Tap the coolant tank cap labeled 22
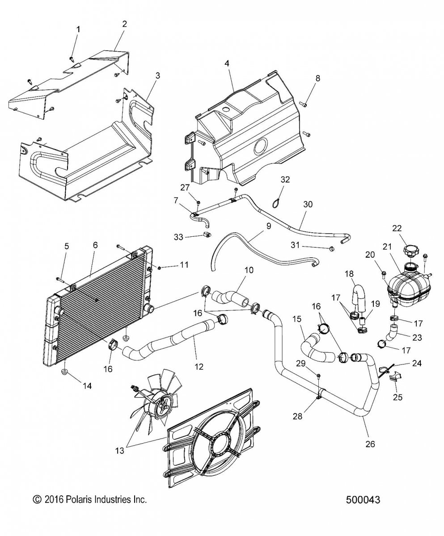tap(410, 251)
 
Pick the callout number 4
tap(227, 63)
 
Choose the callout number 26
tap(370, 444)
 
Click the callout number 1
tap(79, 29)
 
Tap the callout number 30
tap(308, 204)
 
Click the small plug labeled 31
tap(331, 248)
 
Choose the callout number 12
tap(199, 367)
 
